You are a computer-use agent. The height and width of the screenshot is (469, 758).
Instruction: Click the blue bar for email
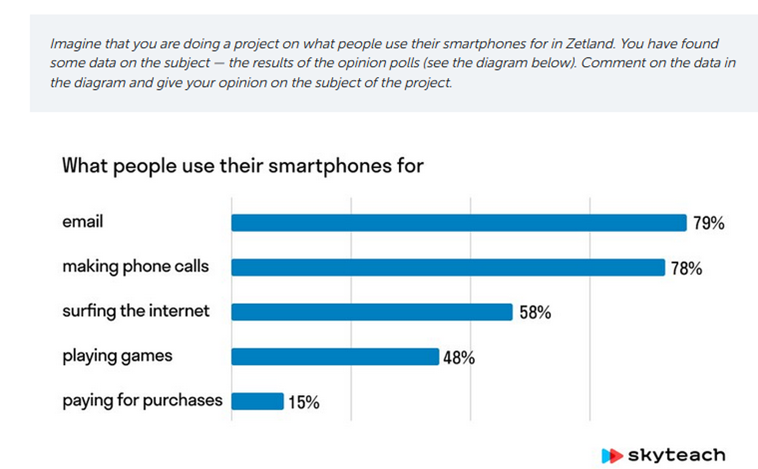[459, 223]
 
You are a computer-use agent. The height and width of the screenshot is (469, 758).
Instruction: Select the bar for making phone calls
[448, 268]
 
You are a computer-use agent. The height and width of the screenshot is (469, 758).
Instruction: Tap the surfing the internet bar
[372, 312]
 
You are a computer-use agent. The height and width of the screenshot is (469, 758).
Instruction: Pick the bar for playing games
[335, 357]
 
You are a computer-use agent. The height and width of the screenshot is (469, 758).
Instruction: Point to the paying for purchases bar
[257, 402]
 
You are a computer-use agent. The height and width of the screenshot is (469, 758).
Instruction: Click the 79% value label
[709, 224]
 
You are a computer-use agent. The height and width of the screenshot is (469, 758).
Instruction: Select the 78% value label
[686, 268]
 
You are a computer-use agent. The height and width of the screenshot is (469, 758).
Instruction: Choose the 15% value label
[303, 403]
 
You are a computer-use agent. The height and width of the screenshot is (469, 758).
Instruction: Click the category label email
[83, 222]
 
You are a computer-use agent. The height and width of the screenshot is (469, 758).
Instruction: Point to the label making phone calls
[135, 267]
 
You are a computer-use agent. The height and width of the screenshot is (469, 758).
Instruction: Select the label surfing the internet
[135, 312]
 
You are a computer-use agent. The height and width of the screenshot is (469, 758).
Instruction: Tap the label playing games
[117, 356]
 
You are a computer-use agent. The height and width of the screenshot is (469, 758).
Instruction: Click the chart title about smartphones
[243, 165]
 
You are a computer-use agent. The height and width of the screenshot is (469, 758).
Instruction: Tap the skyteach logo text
[676, 455]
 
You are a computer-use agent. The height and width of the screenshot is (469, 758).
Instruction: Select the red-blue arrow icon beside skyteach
[612, 455]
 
